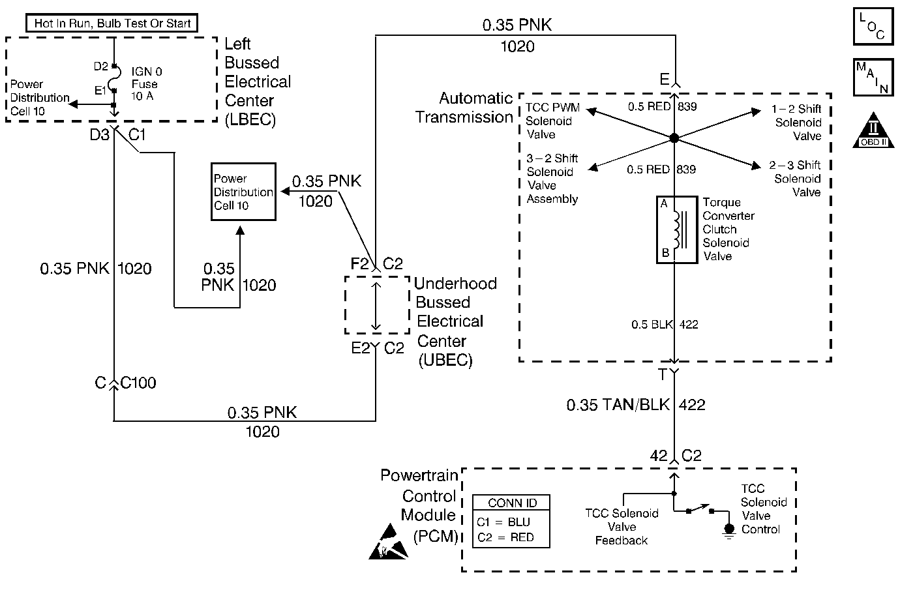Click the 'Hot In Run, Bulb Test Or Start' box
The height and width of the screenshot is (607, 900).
(112, 23)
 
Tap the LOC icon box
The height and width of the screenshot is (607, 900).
(873, 26)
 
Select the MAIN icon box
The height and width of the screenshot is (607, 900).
(873, 77)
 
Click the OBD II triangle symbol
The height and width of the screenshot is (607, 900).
(873, 130)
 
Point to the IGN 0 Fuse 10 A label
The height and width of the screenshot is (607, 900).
(147, 84)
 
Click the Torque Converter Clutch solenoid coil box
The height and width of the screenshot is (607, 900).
(677, 229)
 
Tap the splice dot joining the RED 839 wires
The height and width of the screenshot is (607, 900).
(674, 138)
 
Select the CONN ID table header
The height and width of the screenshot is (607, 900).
(511, 503)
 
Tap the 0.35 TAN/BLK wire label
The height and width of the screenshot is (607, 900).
(618, 405)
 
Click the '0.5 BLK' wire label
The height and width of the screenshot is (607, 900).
(652, 324)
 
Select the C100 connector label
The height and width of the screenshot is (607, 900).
(138, 383)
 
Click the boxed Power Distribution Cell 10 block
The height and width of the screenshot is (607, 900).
(243, 192)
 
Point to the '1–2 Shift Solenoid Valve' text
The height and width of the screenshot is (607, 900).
(796, 123)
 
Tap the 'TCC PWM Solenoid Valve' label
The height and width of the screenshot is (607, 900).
(552, 121)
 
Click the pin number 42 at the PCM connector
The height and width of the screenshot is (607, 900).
(659, 456)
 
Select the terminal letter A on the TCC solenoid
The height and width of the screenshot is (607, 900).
(664, 203)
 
